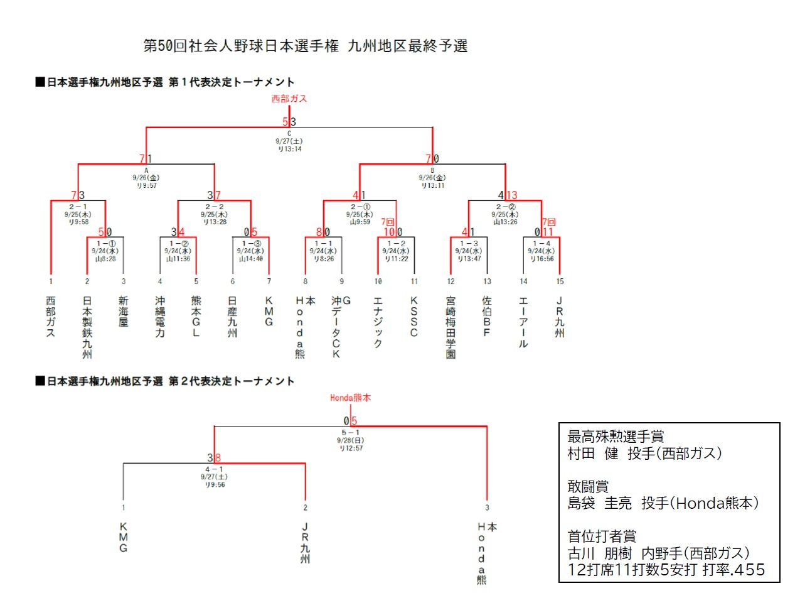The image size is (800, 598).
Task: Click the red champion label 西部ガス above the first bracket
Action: pyautogui.click(x=289, y=99)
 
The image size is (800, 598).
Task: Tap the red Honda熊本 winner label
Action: pyautogui.click(x=350, y=398)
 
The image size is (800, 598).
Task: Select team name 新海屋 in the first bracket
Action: pyautogui.click(x=124, y=312)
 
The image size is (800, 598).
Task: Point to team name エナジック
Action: pyautogui.click(x=378, y=322)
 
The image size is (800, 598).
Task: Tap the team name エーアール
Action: pyautogui.click(x=523, y=322)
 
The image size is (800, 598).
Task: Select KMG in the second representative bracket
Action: pyautogui.click(x=124, y=537)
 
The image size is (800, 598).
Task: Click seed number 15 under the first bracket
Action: pyautogui.click(x=560, y=281)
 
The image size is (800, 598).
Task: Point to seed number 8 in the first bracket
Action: pyautogui.click(x=306, y=281)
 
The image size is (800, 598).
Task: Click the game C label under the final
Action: pyautogui.click(x=289, y=133)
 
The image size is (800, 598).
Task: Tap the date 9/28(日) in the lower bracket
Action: pyautogui.click(x=351, y=440)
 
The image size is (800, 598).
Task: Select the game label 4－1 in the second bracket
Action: pyautogui.click(x=215, y=469)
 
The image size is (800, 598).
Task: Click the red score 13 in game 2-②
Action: pyautogui.click(x=512, y=195)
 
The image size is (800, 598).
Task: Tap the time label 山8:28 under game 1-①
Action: pyautogui.click(x=106, y=258)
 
